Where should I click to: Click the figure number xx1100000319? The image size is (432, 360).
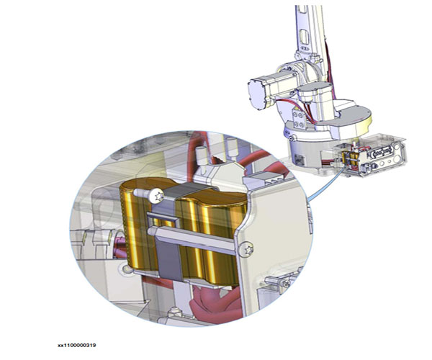[76, 345]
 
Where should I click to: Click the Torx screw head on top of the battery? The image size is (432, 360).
[157, 196]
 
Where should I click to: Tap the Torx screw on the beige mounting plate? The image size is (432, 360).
[247, 249]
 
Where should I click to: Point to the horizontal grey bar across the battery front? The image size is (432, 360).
[193, 239]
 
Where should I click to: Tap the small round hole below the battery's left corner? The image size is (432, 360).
[127, 269]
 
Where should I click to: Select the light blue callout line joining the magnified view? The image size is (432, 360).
[325, 184]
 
